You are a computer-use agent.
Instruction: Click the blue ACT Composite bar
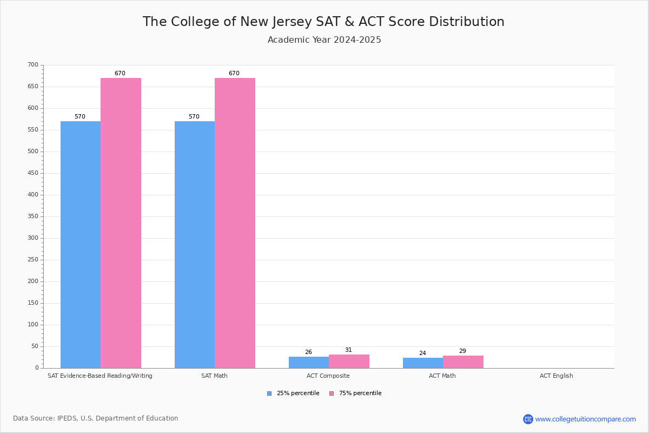click(309, 362)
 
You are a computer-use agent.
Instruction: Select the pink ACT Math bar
click(463, 362)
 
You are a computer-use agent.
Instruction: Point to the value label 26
click(308, 352)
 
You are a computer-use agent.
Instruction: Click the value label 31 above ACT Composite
click(348, 350)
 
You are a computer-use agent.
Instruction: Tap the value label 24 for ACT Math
click(422, 353)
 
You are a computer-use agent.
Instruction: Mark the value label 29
click(462, 351)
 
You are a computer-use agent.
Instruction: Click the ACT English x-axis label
click(556, 376)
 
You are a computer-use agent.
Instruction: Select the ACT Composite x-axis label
click(328, 376)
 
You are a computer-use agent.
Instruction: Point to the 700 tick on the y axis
click(33, 65)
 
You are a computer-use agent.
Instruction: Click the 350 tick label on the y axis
click(33, 216)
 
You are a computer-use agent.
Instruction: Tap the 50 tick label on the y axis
click(35, 346)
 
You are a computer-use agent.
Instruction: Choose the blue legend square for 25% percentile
click(269, 393)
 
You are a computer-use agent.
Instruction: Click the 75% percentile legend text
click(360, 393)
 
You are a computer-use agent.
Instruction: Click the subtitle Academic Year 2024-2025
click(325, 40)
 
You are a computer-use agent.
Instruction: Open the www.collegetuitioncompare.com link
click(585, 419)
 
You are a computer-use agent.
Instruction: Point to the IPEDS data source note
click(96, 418)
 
